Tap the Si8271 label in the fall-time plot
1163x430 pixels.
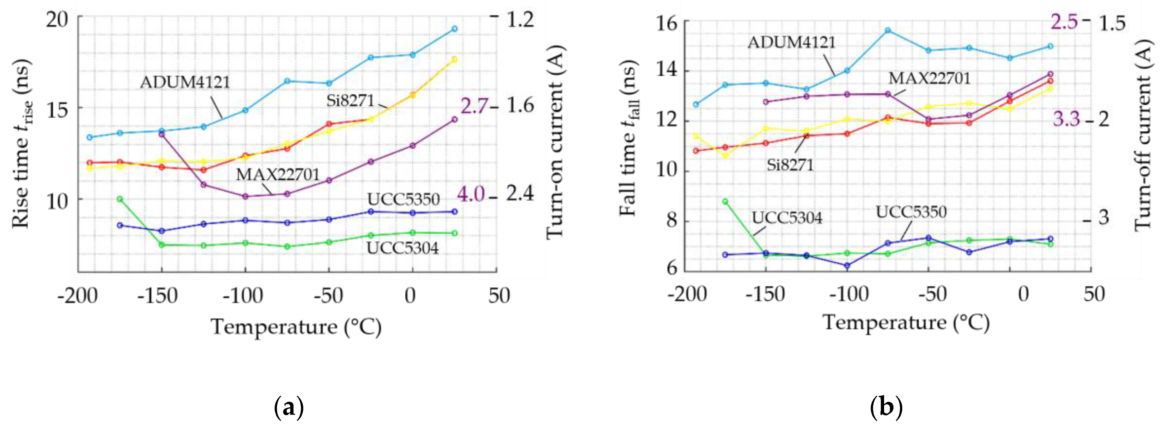coord(790,165)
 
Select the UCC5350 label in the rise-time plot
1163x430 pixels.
coord(403,199)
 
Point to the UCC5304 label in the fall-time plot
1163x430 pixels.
coord(787,218)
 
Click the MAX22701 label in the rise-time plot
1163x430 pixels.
coord(278,174)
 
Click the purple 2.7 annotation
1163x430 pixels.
coord(474,106)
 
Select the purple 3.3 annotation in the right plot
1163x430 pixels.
coord(1066,119)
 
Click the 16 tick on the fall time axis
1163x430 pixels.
coord(667,23)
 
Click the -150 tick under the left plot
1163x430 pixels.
coord(161,296)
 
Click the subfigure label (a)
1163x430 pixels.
coord(289,407)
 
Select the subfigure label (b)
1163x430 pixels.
coord(886,407)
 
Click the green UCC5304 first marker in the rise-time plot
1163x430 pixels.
coord(120,199)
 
